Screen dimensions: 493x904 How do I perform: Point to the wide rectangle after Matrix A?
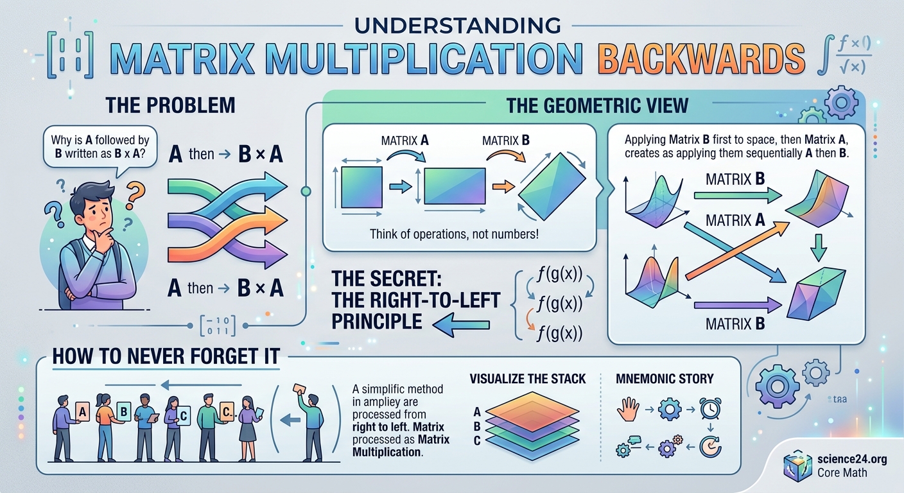455,186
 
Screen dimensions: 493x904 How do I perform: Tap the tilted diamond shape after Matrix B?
552,183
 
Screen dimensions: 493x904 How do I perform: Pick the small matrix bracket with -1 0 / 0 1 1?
218,325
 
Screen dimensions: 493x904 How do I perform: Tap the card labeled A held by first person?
82,410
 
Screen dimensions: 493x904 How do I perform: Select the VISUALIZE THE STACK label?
527,379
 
